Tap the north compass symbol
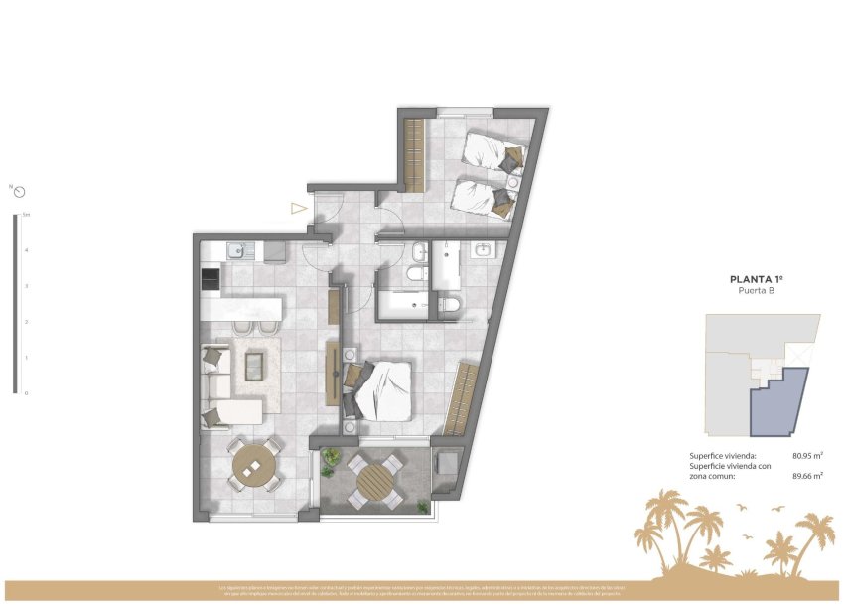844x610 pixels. click(x=19, y=192)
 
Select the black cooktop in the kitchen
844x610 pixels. click(x=211, y=280)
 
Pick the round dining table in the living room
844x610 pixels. click(x=256, y=464)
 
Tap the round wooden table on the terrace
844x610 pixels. click(x=377, y=483)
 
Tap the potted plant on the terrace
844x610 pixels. click(x=329, y=458)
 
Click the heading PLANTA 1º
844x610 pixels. click(x=757, y=280)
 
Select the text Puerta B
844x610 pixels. click(x=757, y=292)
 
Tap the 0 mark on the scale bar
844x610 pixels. click(x=26, y=393)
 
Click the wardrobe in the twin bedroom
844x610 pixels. click(x=415, y=155)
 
